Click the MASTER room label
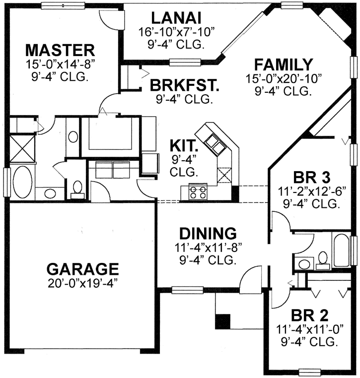click(60, 50)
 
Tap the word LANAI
click(176, 18)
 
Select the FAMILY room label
click(283, 65)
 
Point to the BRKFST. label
click(184, 85)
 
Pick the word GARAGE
click(82, 269)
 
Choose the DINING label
click(207, 233)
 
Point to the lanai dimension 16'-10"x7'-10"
click(176, 33)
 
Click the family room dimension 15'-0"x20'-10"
click(283, 79)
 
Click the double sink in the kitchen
click(215, 144)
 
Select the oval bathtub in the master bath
click(22, 182)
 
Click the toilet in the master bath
click(77, 188)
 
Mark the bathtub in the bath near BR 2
click(342, 247)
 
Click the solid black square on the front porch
click(222, 321)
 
